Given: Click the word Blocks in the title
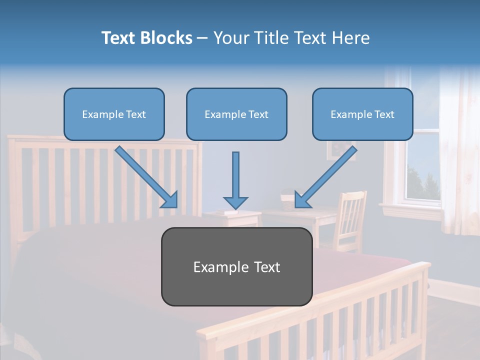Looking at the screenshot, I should tap(166, 38).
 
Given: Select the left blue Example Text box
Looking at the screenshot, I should tap(114, 114).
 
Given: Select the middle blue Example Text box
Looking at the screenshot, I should tap(236, 114).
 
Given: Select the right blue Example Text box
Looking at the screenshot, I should tap(362, 114).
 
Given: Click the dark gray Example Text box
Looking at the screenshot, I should tap(236, 266).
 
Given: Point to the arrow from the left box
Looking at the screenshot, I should tap(146, 177).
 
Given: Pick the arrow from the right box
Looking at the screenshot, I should tap(326, 177).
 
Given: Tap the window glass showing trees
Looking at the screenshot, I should tap(423, 170).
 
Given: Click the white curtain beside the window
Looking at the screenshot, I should tap(457, 150).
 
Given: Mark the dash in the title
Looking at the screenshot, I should tap(202, 38).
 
